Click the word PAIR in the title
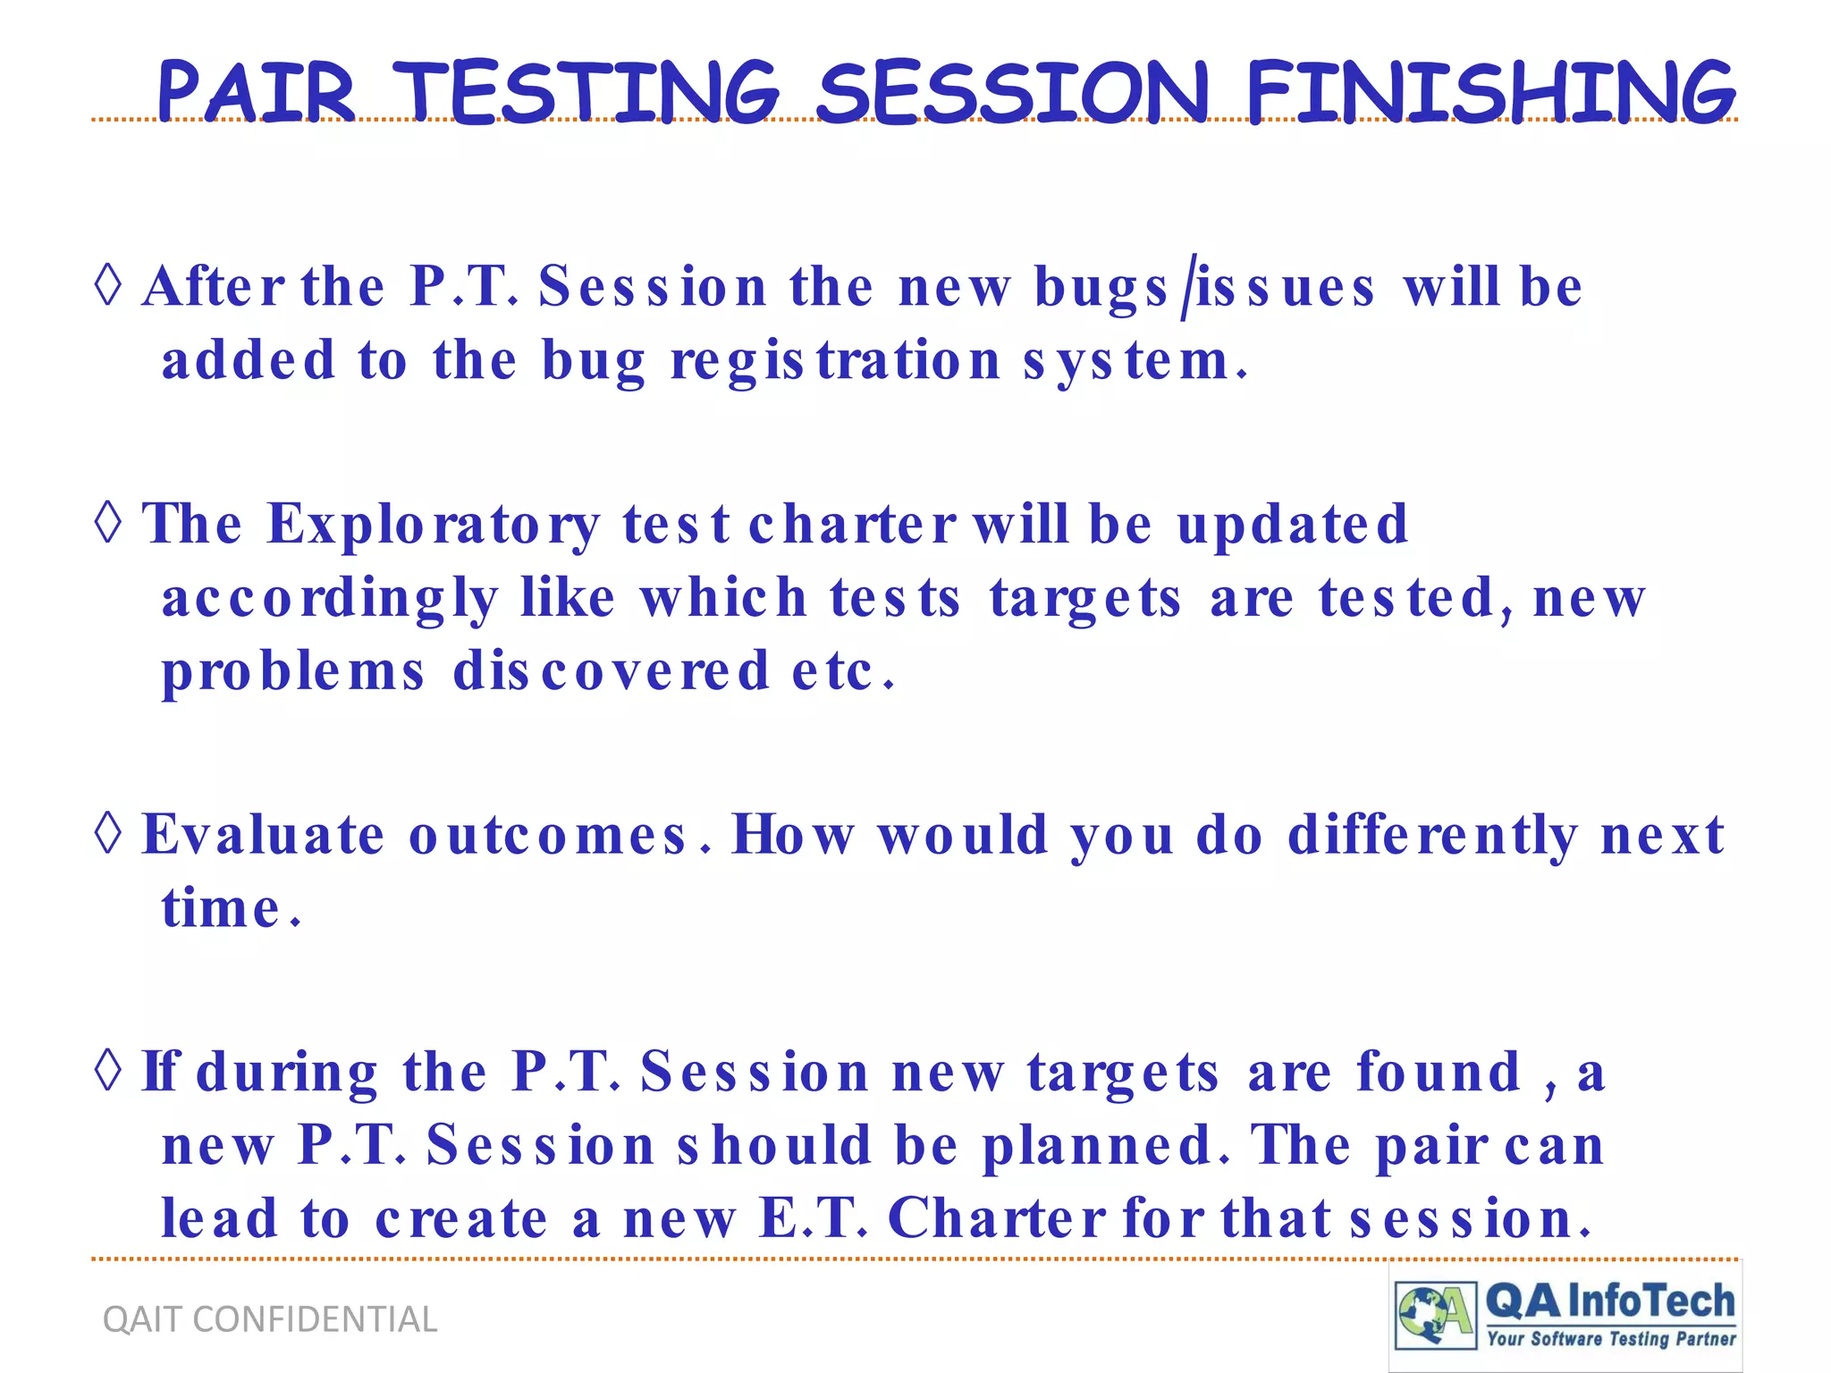257,92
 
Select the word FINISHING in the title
1489,92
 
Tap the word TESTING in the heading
586,92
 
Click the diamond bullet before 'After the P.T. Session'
108,285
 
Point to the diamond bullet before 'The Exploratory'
108,522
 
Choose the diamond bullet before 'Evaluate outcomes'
108,833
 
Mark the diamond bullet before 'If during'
108,1070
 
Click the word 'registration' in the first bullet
835,362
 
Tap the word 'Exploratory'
434,524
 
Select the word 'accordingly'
329,599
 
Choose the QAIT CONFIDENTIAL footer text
270,1319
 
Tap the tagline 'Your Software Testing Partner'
1611,1339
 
